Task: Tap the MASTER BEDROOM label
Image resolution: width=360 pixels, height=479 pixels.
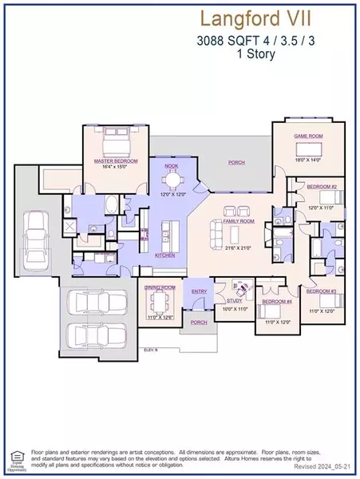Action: click(116, 160)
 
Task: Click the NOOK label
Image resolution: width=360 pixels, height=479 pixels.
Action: click(172, 165)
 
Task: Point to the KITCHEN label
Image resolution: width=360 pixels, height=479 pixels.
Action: click(164, 255)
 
